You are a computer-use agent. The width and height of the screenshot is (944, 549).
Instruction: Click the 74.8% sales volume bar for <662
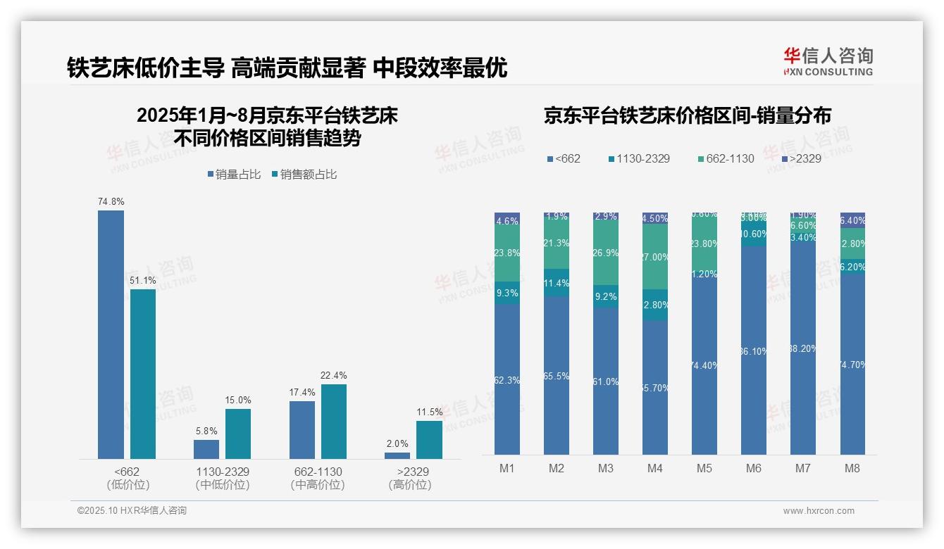(x=111, y=334)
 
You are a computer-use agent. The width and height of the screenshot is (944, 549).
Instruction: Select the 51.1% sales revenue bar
(x=143, y=374)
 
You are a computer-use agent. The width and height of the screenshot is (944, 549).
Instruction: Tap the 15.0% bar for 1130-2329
(x=238, y=434)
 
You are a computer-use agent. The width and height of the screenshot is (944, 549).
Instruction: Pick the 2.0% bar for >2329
(x=397, y=455)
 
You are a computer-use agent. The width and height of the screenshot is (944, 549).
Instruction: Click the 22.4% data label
(x=334, y=376)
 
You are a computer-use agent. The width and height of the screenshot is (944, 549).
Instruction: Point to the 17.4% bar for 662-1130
(x=302, y=429)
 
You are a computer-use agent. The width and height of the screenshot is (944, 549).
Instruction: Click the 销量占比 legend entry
(x=234, y=175)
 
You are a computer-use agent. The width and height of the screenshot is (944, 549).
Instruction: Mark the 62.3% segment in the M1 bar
(x=507, y=379)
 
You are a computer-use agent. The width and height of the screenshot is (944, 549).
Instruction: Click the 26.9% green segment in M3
(x=606, y=253)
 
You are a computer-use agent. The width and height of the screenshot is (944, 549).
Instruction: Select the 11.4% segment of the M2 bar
(x=557, y=283)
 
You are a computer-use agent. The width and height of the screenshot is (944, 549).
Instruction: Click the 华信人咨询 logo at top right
(x=828, y=61)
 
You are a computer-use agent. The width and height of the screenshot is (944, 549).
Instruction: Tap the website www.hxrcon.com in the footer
(x=819, y=511)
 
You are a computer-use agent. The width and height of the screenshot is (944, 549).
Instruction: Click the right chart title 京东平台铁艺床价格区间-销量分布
(x=687, y=116)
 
